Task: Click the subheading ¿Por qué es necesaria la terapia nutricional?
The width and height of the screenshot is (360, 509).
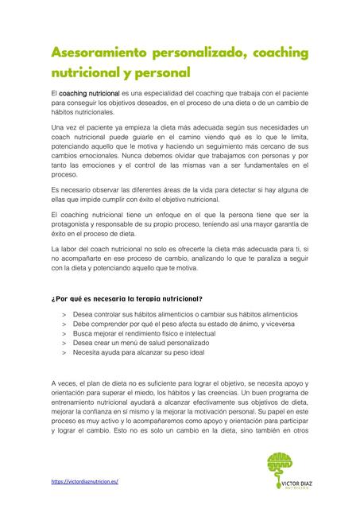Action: click(x=126, y=299)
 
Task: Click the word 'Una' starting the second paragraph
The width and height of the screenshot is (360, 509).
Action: click(x=57, y=128)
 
